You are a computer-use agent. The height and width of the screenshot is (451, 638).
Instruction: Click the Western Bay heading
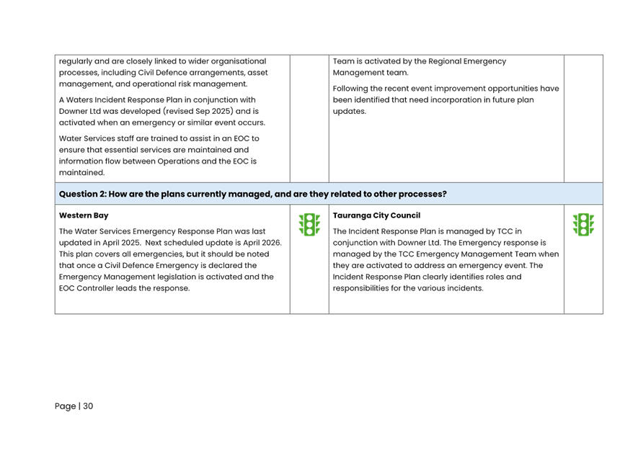pyautogui.click(x=84, y=215)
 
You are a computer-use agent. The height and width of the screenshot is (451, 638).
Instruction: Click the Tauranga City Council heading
pyautogui.click(x=376, y=215)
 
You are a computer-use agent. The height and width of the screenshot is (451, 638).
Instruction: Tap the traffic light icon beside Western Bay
pyautogui.click(x=309, y=225)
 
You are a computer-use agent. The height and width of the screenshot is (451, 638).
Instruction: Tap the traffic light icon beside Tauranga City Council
pyautogui.click(x=583, y=225)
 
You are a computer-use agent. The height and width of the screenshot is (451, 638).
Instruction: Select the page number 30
pyautogui.click(x=88, y=406)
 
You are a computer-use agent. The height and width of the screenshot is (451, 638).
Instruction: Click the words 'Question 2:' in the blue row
pyautogui.click(x=83, y=194)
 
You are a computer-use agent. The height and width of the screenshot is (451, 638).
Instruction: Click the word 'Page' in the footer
pyautogui.click(x=65, y=406)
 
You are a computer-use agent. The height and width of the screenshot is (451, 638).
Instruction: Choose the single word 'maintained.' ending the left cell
pyautogui.click(x=81, y=172)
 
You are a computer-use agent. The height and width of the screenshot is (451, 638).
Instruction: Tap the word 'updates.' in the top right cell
pyautogui.click(x=350, y=112)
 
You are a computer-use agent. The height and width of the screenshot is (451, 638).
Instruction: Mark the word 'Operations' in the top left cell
pyautogui.click(x=178, y=161)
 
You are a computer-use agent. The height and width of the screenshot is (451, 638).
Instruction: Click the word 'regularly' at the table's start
pyautogui.click(x=75, y=61)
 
